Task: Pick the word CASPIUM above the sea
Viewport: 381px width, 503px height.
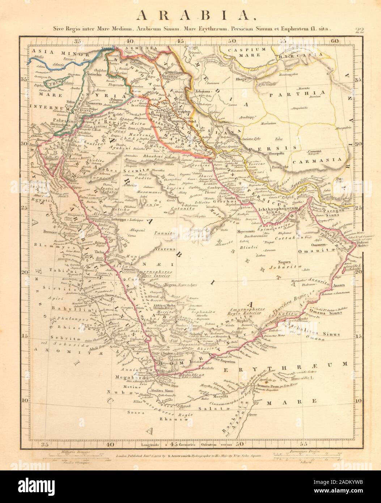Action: (x=249, y=49)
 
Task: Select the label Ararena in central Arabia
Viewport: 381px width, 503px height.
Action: (x=165, y=249)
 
